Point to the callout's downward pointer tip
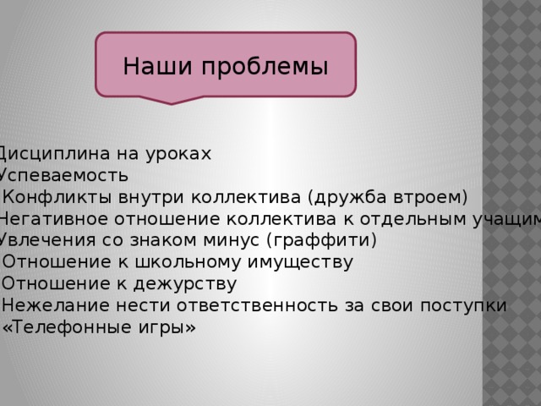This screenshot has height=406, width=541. coord(172,102)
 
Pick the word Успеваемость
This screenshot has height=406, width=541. coord(63,175)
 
